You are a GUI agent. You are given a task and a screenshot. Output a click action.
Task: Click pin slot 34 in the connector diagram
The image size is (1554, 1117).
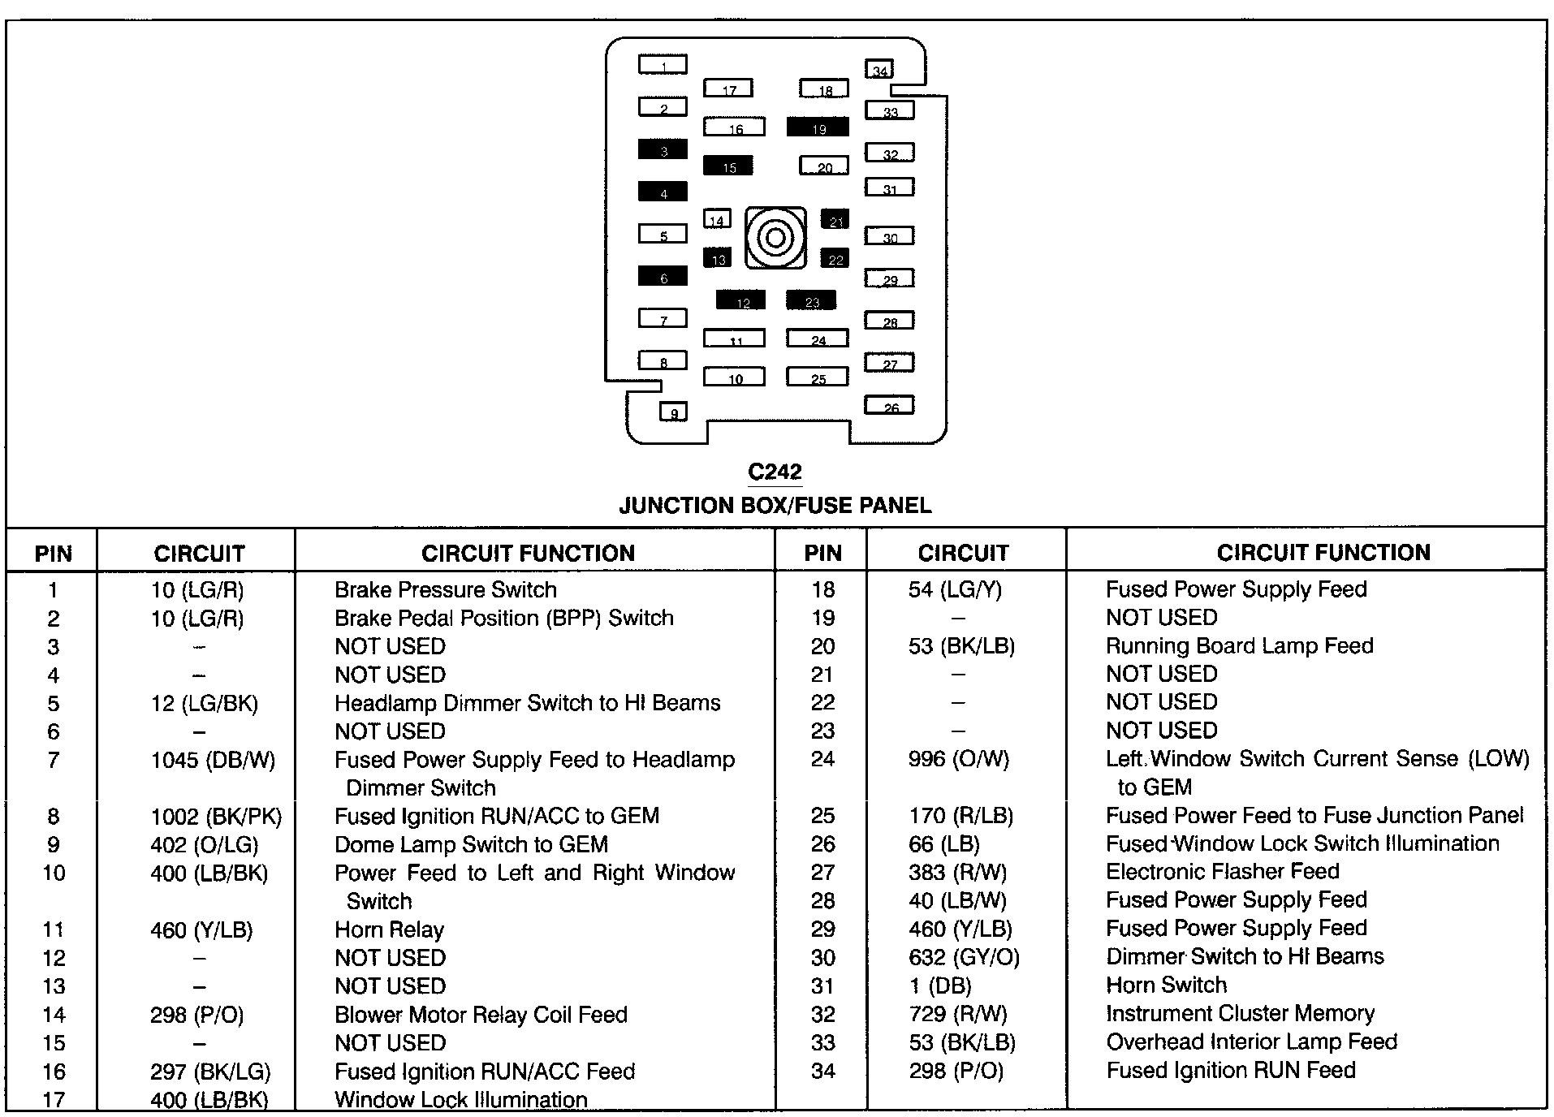click(879, 70)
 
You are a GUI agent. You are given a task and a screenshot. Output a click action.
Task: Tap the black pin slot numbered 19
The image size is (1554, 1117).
click(818, 127)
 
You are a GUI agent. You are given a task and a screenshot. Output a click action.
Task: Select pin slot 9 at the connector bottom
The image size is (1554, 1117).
click(673, 412)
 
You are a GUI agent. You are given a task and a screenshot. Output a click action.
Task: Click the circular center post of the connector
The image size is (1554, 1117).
click(775, 238)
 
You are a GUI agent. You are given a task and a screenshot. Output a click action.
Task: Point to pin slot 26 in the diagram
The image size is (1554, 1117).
click(890, 405)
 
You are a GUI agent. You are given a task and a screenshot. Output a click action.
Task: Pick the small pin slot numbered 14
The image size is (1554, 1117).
click(717, 218)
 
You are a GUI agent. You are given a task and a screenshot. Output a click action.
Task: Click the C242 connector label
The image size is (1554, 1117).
click(775, 472)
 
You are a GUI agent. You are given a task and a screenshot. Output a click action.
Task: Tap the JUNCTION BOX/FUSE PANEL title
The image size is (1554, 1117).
click(775, 506)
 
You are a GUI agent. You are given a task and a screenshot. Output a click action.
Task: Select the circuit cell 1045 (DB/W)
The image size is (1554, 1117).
click(213, 760)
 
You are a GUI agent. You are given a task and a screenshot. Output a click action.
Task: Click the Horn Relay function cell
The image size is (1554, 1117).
click(389, 929)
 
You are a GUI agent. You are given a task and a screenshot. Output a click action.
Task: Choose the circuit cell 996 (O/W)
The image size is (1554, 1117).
click(959, 759)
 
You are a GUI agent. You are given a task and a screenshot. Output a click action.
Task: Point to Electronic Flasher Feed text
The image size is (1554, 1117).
click(1222, 872)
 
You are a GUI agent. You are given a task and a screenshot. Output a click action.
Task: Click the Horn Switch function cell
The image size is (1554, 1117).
click(1166, 985)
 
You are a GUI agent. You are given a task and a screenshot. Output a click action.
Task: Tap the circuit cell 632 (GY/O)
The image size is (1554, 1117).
click(964, 957)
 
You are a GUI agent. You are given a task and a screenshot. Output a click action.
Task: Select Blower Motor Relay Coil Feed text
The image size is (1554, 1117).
click(481, 1015)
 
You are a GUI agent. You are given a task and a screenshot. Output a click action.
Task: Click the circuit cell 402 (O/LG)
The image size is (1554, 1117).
click(204, 844)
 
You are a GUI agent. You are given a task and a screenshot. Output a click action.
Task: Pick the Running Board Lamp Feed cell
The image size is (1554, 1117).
click(1239, 646)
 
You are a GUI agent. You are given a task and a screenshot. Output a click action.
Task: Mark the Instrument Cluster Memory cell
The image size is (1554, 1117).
click(1240, 1013)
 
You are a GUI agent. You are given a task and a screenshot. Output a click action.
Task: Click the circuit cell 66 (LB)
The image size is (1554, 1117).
click(944, 844)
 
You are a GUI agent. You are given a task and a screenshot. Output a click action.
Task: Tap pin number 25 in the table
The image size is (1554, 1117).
click(822, 816)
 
